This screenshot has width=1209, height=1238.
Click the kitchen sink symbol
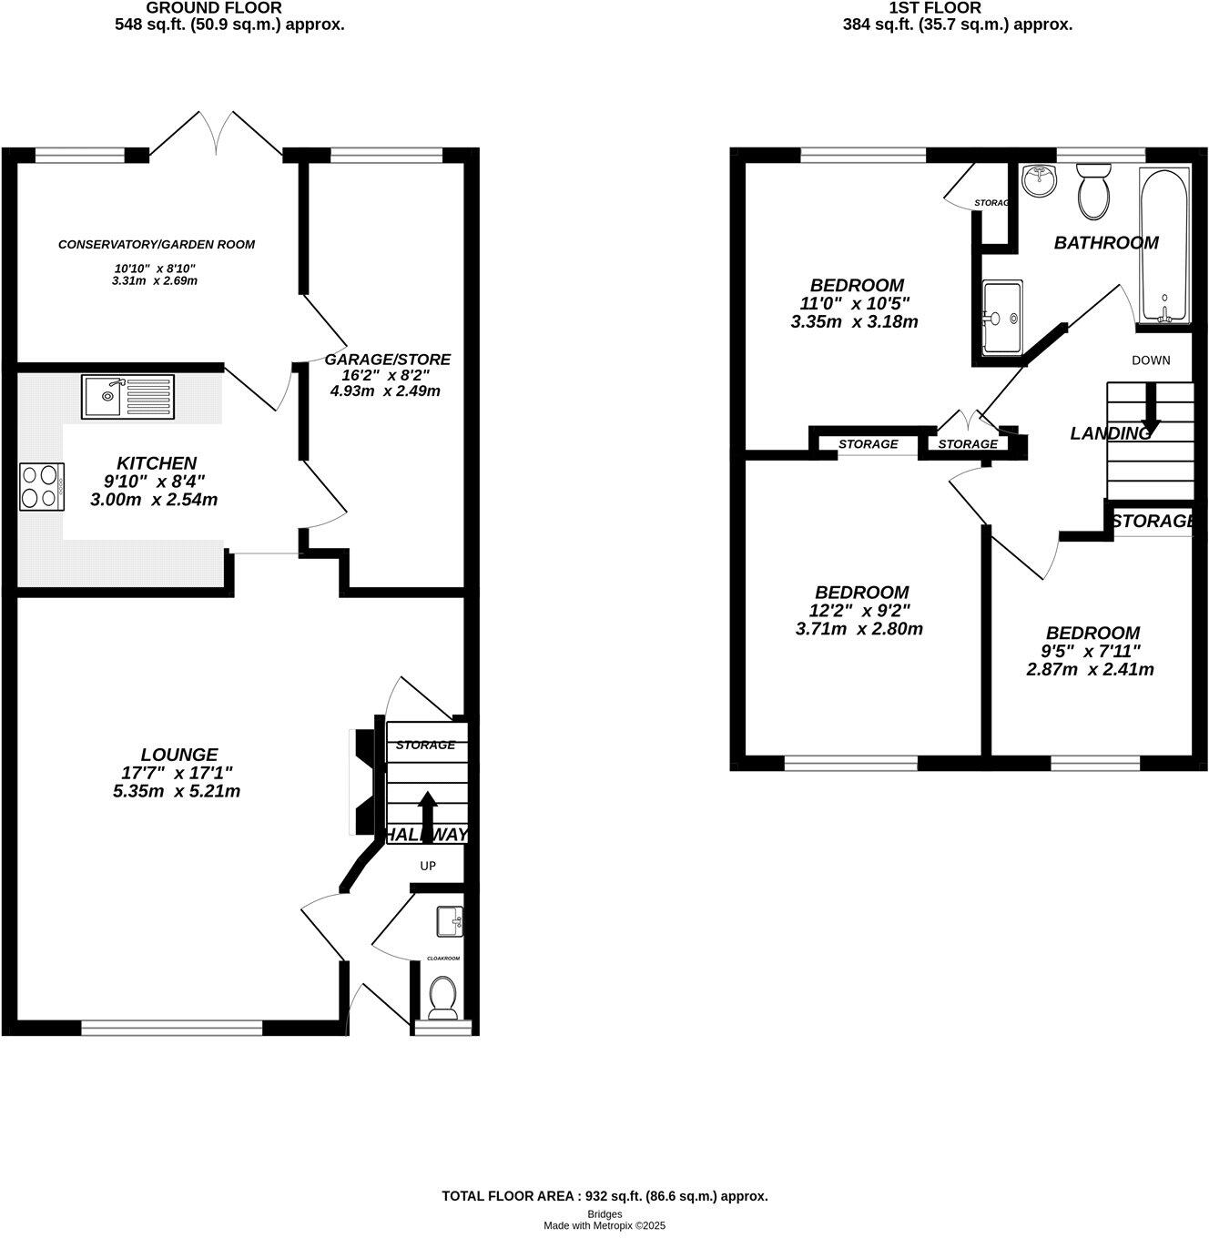(x=127, y=397)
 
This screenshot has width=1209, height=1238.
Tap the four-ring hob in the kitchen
(x=42, y=486)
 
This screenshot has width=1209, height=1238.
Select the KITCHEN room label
(x=156, y=463)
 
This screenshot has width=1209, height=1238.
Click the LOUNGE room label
(x=179, y=754)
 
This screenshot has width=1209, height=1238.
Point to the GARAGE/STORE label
(x=387, y=360)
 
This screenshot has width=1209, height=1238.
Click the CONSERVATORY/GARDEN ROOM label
(x=157, y=244)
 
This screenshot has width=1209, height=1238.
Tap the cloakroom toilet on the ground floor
(x=443, y=998)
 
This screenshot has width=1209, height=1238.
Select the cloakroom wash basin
(x=449, y=921)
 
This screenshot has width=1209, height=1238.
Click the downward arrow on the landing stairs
(x=1150, y=408)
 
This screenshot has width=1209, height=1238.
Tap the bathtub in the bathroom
(x=1164, y=244)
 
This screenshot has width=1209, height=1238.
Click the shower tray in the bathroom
(x=1002, y=317)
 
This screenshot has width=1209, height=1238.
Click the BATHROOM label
(x=1105, y=243)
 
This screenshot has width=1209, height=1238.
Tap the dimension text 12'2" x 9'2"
(x=861, y=610)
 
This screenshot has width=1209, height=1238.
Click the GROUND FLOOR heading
(x=215, y=8)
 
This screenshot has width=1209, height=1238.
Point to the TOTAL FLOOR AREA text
(x=604, y=1196)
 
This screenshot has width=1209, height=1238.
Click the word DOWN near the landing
(x=1151, y=360)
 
